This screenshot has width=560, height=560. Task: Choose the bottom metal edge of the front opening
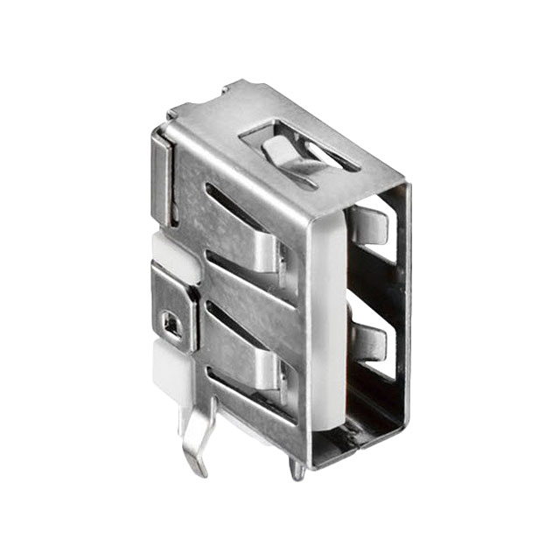tap(359, 442)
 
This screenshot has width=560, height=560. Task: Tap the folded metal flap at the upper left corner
tap(161, 175)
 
